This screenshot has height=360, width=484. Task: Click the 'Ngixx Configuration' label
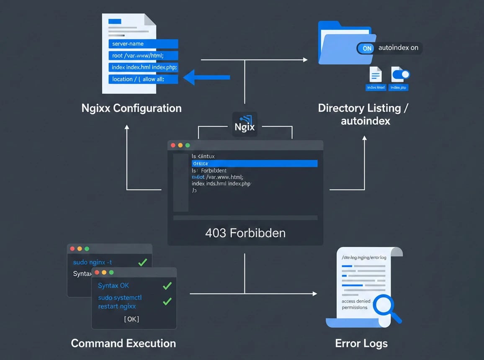[131, 108]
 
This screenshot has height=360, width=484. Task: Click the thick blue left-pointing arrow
[207, 77]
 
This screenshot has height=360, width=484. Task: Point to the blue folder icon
[341, 44]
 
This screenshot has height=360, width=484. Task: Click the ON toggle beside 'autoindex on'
[367, 48]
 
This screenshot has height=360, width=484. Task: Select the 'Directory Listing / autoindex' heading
[363, 114]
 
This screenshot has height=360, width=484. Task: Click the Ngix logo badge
[245, 124]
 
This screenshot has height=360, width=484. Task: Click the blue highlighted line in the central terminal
[254, 164]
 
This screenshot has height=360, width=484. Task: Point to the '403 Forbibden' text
[245, 233]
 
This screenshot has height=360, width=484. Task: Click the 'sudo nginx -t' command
[93, 262]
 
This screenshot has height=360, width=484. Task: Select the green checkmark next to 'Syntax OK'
[167, 286]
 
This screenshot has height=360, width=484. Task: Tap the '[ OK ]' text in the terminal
[131, 319]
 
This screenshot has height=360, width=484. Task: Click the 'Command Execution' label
[124, 344]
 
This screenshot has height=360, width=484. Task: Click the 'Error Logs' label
[361, 344]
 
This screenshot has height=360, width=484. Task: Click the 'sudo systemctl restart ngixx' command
[120, 302]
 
